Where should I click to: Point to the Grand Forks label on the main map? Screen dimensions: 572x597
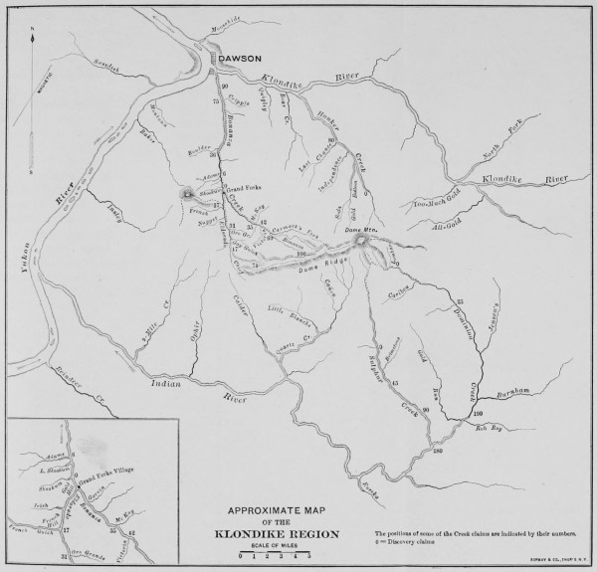coord(245,188)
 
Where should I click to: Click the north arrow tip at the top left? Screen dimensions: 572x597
coord(33,31)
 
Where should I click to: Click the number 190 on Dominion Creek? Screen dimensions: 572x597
coord(476,412)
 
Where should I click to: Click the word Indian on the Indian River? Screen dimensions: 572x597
coord(163,382)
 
